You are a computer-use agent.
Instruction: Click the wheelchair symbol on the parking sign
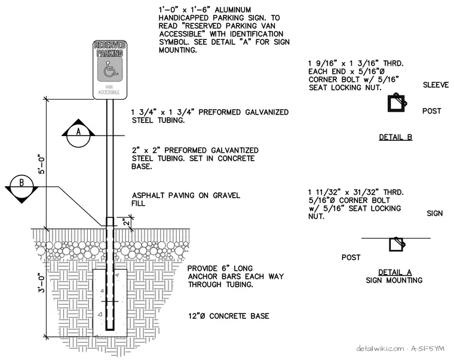coord(109,69)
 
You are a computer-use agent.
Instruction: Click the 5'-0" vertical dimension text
coord(42,165)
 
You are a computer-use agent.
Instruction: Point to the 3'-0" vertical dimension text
coord(42,283)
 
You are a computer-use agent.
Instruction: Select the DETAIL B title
coord(395,137)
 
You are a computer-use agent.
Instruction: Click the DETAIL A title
coord(395,272)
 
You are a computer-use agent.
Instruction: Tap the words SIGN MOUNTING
coord(394,281)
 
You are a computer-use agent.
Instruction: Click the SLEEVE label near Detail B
coord(435,85)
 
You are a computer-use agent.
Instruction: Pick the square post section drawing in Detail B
coord(397,103)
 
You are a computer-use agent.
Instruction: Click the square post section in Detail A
coord(397,244)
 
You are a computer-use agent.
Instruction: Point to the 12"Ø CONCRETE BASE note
coord(229,316)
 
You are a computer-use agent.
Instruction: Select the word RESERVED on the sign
coord(110,45)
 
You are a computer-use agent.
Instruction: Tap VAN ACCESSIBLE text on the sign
coord(109,90)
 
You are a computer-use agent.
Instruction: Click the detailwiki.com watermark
coord(400,349)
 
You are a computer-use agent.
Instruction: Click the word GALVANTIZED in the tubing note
coord(235,150)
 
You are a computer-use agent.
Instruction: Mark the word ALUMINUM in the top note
coord(233,10)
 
